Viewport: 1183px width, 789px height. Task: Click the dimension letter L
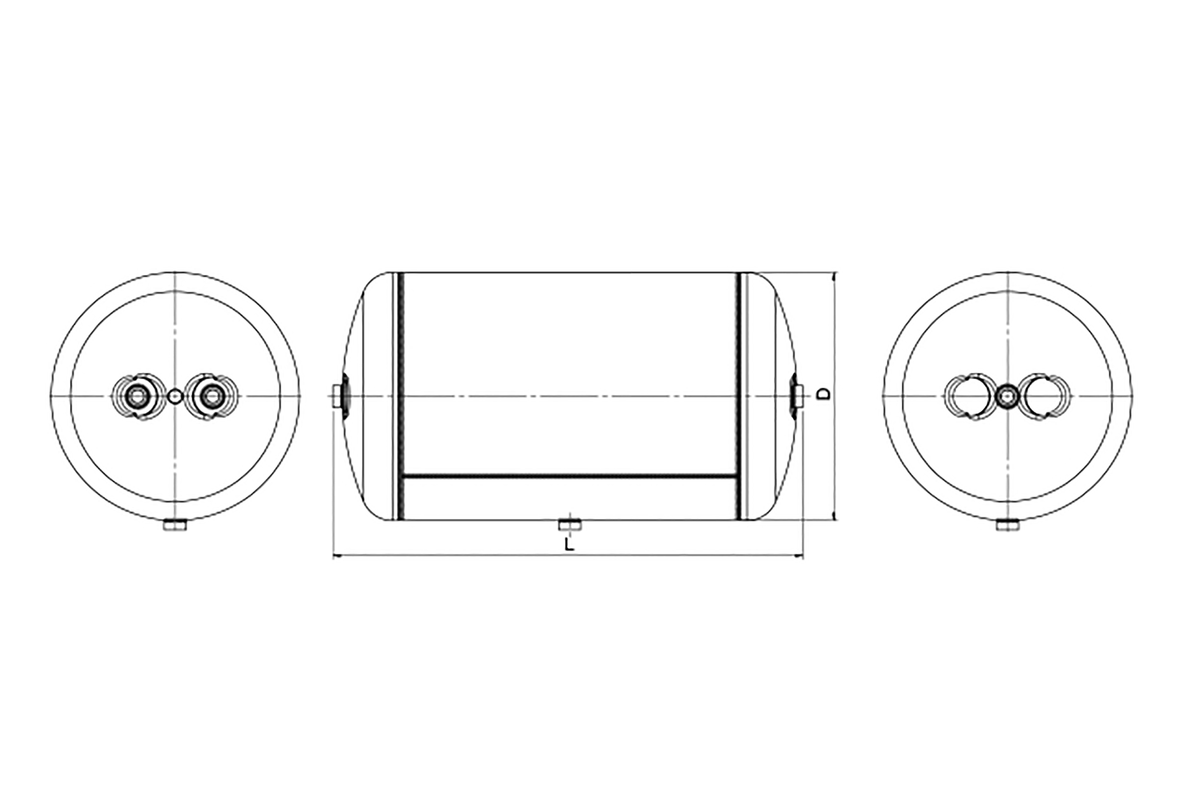[569, 544]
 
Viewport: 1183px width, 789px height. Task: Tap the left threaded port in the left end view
[136, 396]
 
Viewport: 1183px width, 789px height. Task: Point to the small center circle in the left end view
[174, 396]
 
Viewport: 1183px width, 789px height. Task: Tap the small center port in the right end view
[1007, 396]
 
